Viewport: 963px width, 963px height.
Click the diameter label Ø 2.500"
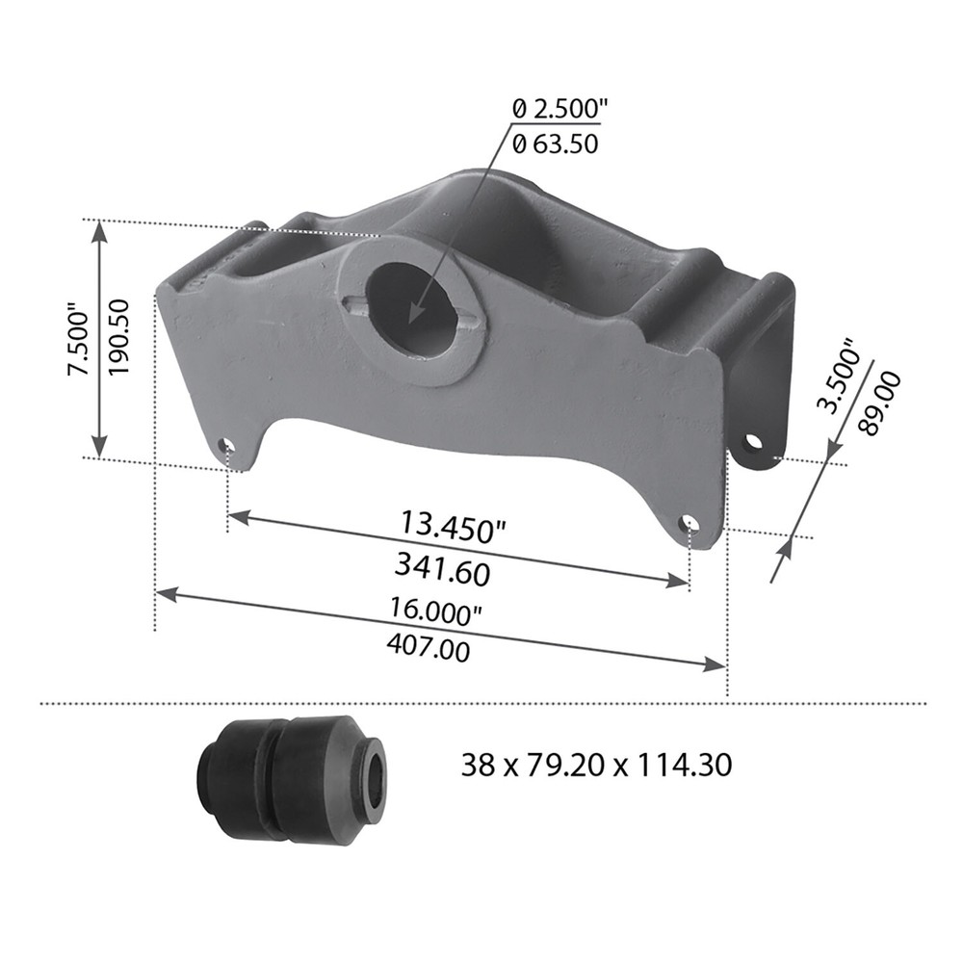[556, 110]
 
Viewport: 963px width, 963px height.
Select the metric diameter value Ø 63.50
[555, 145]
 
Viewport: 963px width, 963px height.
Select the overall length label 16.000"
[434, 610]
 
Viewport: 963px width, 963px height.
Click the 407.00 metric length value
[428, 648]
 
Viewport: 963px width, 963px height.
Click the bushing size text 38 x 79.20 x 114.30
[596, 766]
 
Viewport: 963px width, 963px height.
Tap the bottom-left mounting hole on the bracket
[226, 446]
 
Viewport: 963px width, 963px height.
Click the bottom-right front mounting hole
[688, 523]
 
